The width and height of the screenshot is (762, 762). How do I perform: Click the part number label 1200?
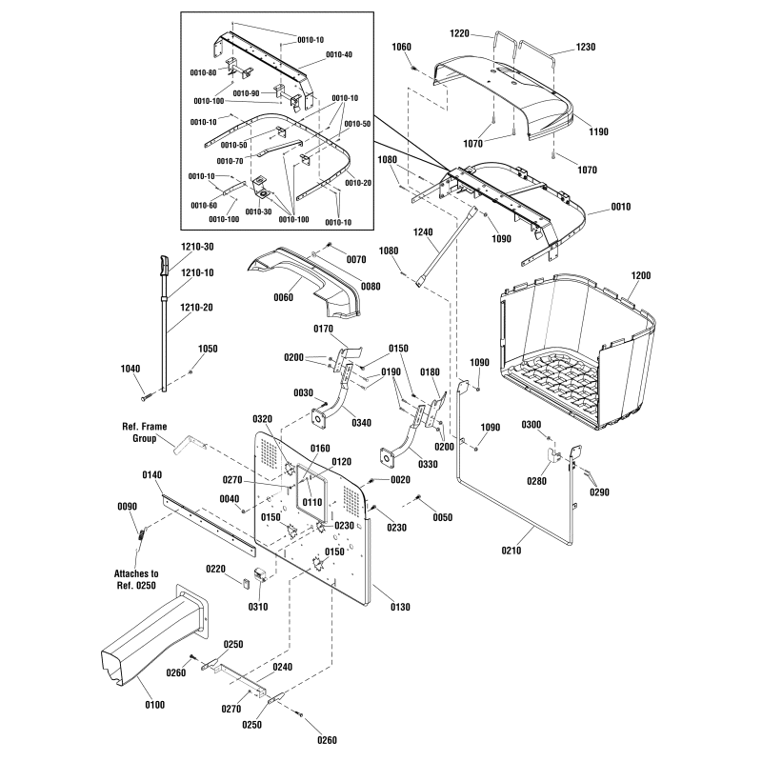point(640,275)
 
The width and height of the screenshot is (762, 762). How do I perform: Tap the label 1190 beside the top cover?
point(598,131)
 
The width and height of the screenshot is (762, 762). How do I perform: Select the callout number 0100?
point(155,705)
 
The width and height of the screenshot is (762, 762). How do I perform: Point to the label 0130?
point(400,607)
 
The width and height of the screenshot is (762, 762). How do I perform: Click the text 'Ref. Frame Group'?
point(145,432)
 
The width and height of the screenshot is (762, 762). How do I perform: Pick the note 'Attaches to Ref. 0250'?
point(136,580)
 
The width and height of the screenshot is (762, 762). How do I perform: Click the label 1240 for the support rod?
point(423,232)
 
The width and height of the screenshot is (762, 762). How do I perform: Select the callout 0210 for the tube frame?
point(511,551)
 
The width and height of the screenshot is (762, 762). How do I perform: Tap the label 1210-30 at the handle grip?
point(197,247)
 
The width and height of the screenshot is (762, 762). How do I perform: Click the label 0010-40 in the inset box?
point(339,54)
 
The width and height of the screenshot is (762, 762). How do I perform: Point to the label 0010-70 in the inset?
point(231,161)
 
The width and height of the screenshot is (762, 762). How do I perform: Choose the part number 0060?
point(283,297)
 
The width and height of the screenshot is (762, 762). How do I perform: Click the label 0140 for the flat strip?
point(152,474)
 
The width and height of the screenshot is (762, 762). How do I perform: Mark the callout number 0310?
point(257,607)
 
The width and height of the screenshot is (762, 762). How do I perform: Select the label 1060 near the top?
point(401,47)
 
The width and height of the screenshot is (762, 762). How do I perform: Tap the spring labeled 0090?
point(141,534)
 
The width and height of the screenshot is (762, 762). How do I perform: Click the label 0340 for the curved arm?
point(362,423)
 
